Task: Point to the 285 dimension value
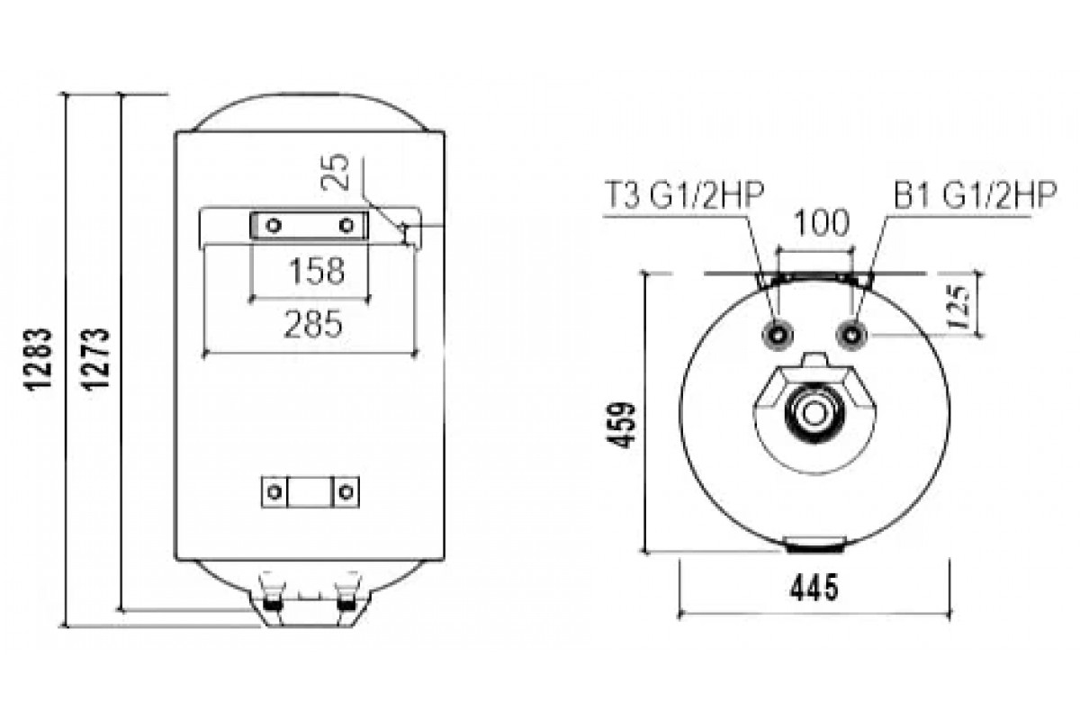click(x=312, y=323)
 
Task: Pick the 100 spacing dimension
click(x=818, y=222)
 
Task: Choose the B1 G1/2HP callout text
click(x=974, y=195)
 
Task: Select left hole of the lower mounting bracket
click(x=274, y=491)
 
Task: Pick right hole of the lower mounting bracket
click(x=346, y=491)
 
